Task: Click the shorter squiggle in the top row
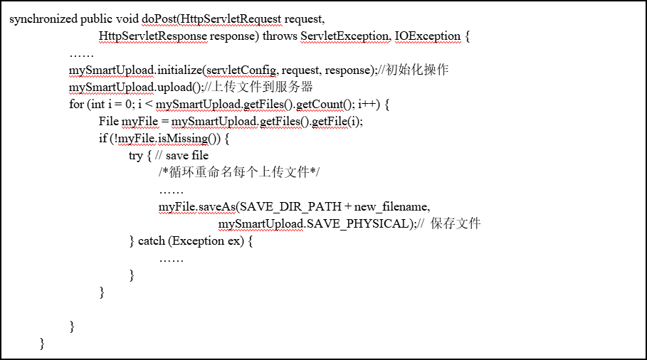[159, 25]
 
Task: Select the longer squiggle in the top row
[231, 25]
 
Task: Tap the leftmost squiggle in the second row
[153, 42]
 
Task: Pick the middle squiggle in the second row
[344, 42]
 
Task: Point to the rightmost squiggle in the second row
[428, 42]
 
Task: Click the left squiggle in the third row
[111, 76]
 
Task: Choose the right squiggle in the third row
[241, 76]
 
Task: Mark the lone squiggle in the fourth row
[111, 93]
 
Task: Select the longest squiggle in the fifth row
[199, 110]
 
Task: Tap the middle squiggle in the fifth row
[264, 110]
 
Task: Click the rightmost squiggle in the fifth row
[320, 110]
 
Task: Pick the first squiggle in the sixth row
[140, 127]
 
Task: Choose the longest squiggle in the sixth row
[214, 127]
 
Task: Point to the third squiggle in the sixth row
[280, 127]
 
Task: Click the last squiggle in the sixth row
[330, 127]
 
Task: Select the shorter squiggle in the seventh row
[137, 144]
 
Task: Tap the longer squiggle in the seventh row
[183, 144]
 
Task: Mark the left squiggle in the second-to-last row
[177, 213]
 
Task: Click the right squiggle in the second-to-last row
[216, 213]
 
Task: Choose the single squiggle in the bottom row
[261, 230]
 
